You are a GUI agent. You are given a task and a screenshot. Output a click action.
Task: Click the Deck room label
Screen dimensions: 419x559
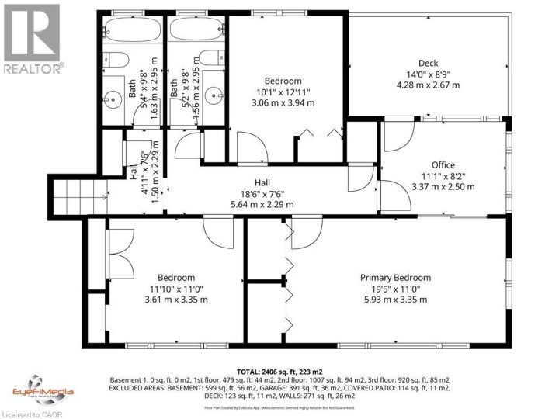pos(429,64)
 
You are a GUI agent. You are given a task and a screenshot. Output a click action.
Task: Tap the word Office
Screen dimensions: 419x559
pos(443,164)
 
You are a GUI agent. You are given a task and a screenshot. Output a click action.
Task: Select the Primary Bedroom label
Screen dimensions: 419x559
pos(395,277)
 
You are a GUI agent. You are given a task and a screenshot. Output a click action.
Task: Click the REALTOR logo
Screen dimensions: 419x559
pos(32,38)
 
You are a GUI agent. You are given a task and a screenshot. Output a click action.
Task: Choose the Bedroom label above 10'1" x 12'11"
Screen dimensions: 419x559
pos(283,81)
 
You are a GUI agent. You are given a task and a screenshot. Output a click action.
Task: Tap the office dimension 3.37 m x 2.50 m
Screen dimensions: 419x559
pos(443,186)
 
